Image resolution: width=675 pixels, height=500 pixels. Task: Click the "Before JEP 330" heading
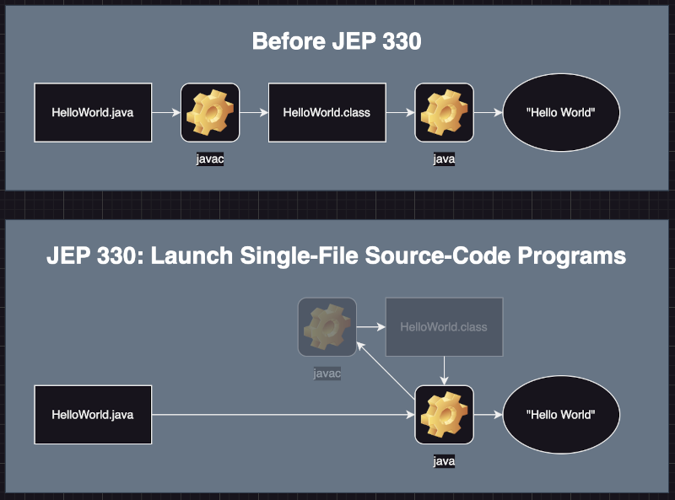pos(337,41)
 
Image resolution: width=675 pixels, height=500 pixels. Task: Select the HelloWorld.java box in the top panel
pos(93,112)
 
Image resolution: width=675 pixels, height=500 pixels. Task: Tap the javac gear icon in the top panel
pos(210,112)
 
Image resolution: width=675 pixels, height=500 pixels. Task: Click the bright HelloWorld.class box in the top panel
pos(327,112)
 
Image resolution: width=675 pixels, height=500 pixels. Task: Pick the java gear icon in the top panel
pos(445,112)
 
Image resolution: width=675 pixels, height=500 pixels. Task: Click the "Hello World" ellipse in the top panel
pos(561,112)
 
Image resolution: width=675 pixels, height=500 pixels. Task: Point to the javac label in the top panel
pos(210,159)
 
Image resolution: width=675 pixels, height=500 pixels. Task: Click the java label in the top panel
pos(445,159)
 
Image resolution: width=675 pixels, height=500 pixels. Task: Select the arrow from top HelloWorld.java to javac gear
pos(166,112)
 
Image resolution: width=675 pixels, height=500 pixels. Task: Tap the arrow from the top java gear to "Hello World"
pos(489,112)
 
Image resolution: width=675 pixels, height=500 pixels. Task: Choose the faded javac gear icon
pos(327,327)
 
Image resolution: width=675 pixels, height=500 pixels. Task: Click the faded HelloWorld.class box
pos(445,327)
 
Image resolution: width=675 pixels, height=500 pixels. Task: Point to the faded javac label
pos(327,373)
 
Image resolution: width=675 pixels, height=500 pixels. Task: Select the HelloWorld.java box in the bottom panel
pos(93,414)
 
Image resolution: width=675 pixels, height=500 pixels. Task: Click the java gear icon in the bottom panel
pos(445,414)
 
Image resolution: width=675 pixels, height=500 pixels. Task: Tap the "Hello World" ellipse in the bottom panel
pos(561,414)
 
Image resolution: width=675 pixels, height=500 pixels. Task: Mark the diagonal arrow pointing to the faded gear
pos(386,370)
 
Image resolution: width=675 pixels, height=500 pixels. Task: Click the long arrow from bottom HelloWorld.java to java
pos(283,414)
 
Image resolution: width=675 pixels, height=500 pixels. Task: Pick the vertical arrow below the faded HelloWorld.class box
pos(445,370)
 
